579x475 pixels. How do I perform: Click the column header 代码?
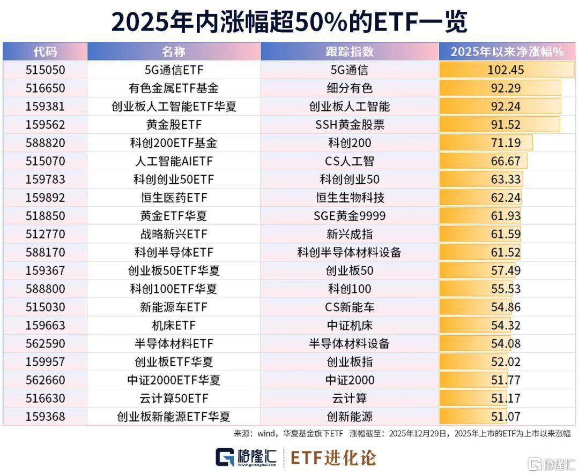(x=45, y=51)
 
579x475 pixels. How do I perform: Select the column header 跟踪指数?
(x=350, y=51)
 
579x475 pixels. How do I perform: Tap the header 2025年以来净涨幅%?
(x=507, y=51)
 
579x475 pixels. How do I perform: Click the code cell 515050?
(x=45, y=70)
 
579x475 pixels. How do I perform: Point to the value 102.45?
(x=506, y=70)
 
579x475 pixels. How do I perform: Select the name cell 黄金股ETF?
(x=174, y=124)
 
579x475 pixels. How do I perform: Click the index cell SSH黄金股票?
(x=350, y=124)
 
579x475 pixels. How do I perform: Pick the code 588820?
(x=45, y=143)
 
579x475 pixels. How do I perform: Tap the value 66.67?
(x=506, y=161)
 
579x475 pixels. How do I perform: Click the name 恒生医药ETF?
(x=174, y=198)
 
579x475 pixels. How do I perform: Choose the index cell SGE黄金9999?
(x=350, y=216)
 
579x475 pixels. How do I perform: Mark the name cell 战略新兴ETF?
(x=174, y=234)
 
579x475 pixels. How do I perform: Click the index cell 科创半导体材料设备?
(x=350, y=252)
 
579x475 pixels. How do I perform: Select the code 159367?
(x=45, y=270)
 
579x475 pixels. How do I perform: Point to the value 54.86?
(x=506, y=307)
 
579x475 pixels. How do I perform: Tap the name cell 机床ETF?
(x=174, y=325)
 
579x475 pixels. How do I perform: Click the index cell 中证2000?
(x=350, y=380)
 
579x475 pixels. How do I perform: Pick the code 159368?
(x=45, y=416)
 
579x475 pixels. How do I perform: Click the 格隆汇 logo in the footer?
(x=246, y=457)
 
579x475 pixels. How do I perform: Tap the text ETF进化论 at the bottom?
(x=333, y=457)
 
